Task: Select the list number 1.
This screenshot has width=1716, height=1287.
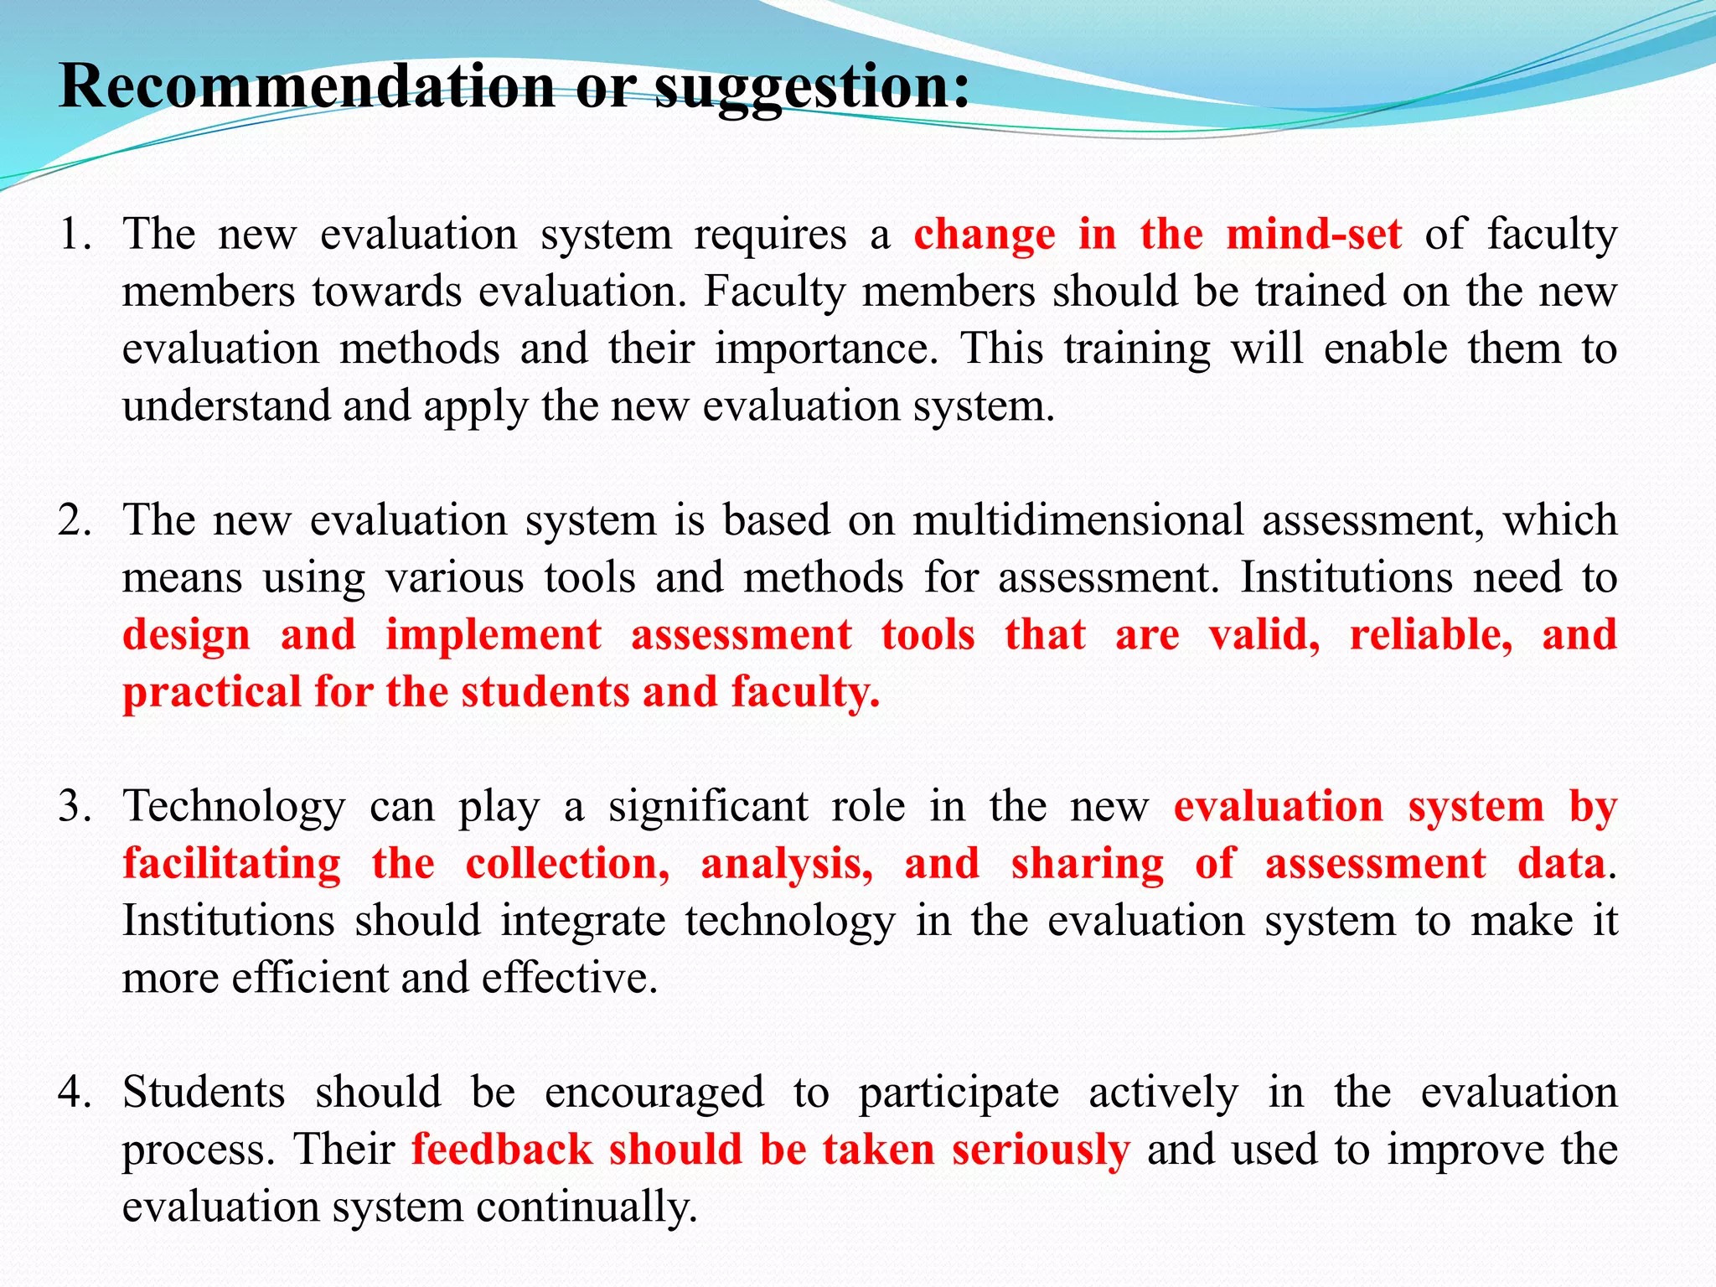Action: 74,235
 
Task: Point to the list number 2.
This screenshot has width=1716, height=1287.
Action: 74,520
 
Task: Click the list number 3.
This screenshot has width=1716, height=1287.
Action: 74,807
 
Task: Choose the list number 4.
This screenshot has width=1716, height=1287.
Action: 74,1093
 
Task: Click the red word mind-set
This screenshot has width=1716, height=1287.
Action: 1314,235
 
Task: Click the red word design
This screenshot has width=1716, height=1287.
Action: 187,635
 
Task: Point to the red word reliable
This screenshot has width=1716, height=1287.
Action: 1431,635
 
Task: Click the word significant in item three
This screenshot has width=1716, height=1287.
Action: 708,807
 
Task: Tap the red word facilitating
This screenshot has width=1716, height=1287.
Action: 232,864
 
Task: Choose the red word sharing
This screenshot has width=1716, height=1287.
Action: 1088,864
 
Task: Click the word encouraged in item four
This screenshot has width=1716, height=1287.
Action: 654,1093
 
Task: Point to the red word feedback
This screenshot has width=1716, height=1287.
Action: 501,1150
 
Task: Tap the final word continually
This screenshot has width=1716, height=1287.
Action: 587,1207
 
